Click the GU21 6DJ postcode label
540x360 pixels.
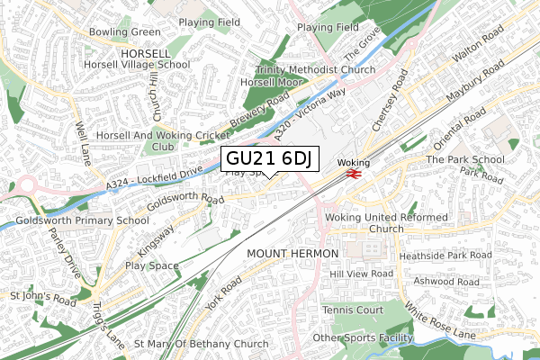[x=268, y=159]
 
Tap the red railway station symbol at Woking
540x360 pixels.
[x=351, y=174]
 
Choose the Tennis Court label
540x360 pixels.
[x=352, y=310]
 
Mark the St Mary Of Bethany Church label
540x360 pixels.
[x=201, y=344]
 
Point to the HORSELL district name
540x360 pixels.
[x=145, y=54]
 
